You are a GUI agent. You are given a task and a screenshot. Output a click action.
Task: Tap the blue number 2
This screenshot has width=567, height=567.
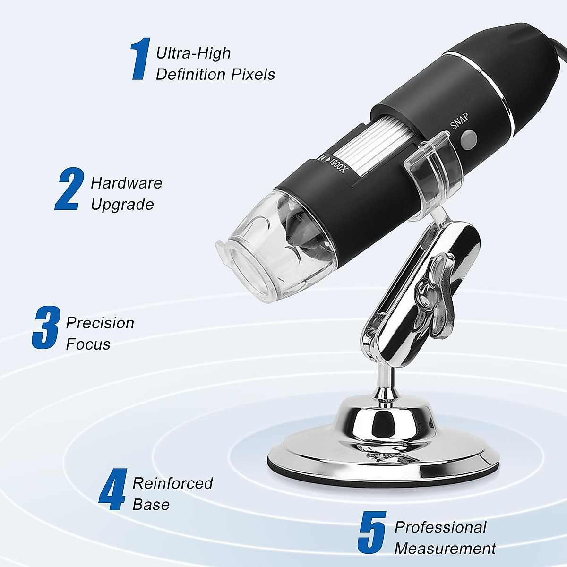(x=69, y=189)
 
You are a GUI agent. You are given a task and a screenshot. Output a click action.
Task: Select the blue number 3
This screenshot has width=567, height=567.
(x=46, y=327)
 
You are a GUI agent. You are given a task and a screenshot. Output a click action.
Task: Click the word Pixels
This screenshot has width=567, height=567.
(x=253, y=75)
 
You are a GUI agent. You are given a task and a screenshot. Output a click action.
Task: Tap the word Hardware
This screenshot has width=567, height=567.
(x=126, y=183)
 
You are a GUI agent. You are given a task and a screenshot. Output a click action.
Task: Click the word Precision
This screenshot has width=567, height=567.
(x=100, y=323)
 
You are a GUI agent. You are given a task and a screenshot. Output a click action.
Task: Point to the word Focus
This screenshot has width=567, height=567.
(x=88, y=344)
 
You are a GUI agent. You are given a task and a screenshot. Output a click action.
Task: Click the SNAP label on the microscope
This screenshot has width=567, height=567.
(x=459, y=121)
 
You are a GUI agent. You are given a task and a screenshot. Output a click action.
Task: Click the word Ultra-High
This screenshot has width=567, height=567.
(x=193, y=53)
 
